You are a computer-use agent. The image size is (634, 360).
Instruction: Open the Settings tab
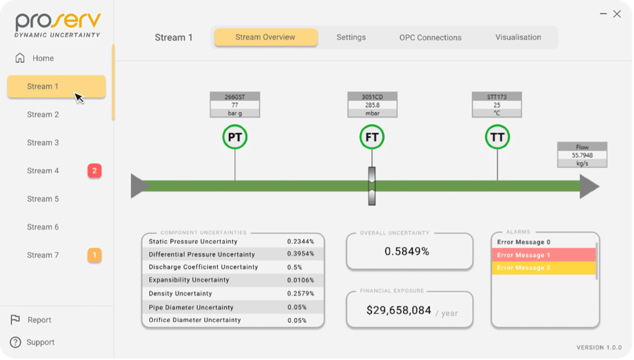coord(351,37)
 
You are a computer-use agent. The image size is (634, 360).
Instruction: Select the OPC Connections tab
coord(430,37)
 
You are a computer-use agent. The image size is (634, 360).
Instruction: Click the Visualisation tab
coord(518,37)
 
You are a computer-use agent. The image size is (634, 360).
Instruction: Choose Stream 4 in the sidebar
coord(43,170)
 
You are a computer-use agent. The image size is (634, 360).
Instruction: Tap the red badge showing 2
coord(94,170)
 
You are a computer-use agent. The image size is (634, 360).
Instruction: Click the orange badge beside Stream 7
coord(94,255)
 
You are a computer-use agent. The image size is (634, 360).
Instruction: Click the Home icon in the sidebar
coord(20,58)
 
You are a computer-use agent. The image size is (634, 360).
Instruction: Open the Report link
coord(39,320)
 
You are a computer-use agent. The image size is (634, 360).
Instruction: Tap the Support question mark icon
coord(15,342)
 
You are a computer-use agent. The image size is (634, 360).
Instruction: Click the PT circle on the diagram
coord(235,137)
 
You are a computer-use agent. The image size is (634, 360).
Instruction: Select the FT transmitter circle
coord(372,137)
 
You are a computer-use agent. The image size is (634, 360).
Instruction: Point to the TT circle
coord(497,137)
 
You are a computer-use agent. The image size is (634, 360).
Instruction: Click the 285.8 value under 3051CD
coord(373,105)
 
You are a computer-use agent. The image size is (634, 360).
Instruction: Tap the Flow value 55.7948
coord(583,155)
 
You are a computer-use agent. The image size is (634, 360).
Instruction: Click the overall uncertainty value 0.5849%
coord(406,252)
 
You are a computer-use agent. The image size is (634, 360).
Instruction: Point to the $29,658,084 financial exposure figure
coord(399,310)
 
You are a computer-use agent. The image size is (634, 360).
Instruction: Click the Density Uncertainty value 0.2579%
coord(300,294)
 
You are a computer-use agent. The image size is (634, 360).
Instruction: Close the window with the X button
coord(617,14)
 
